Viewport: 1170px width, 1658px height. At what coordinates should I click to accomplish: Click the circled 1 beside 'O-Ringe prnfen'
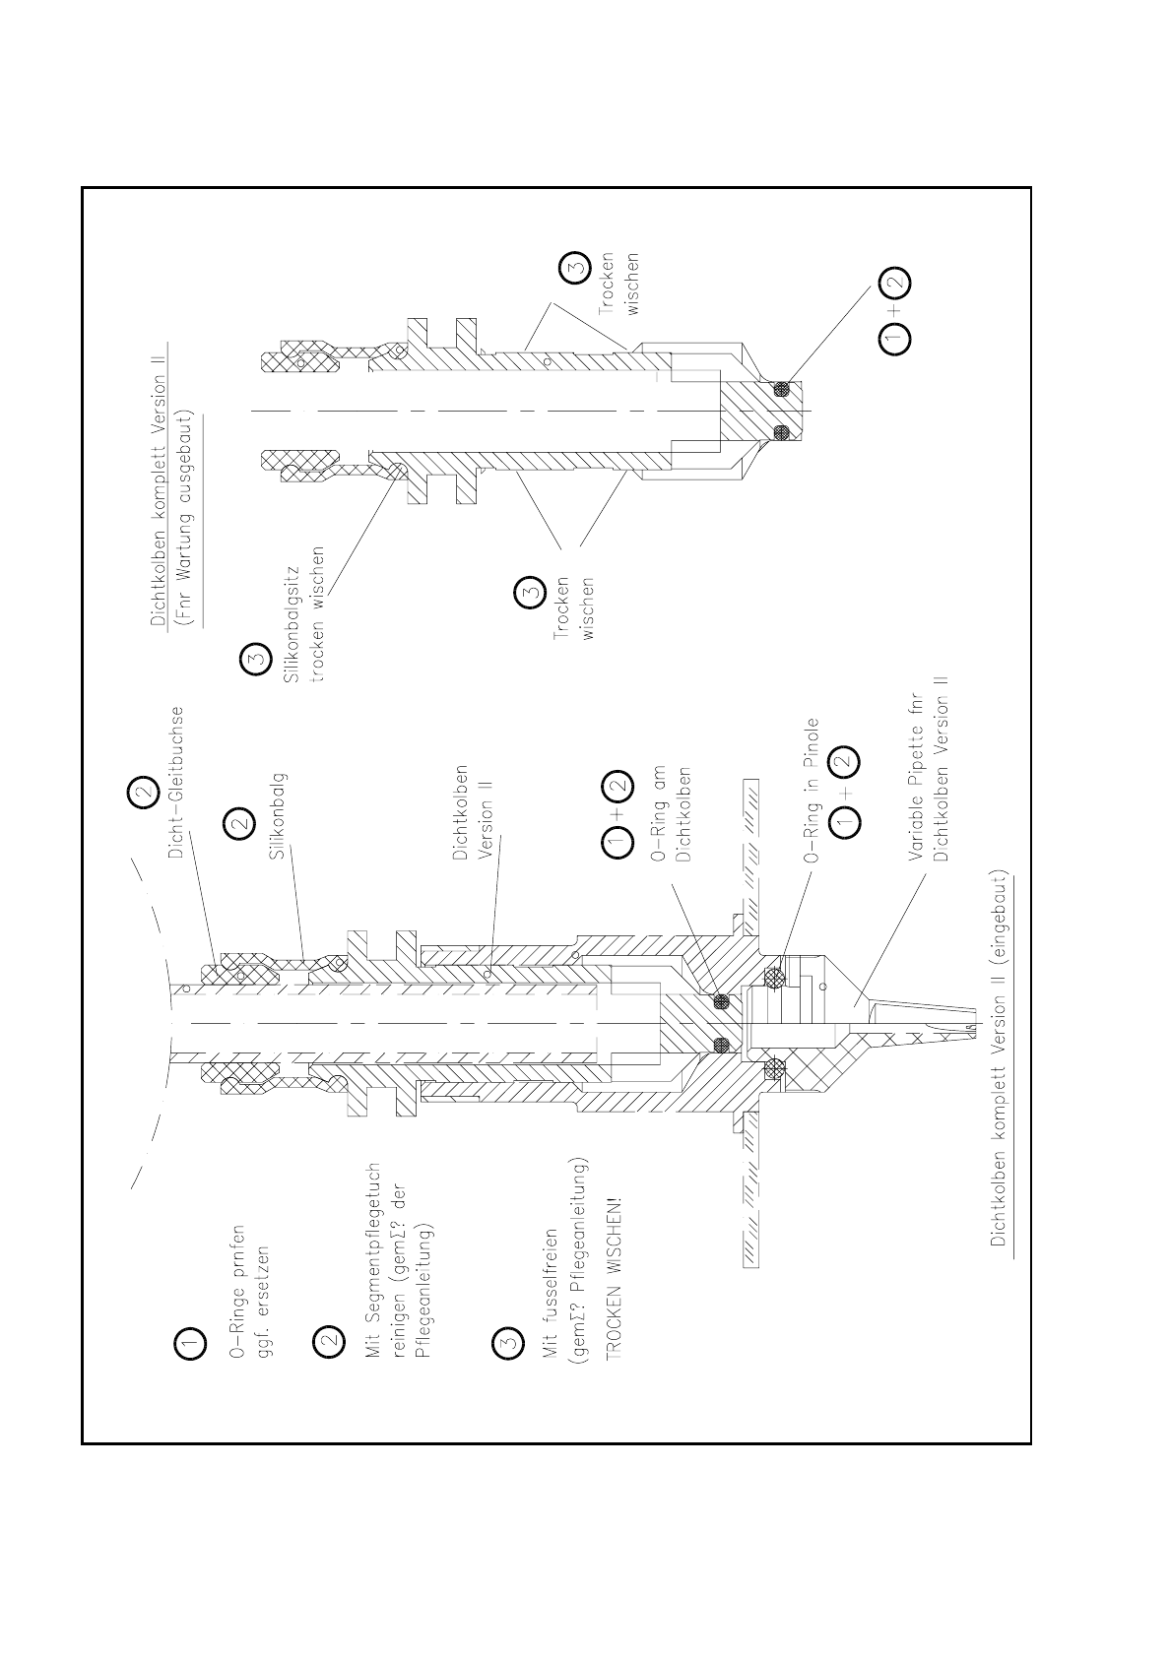(x=190, y=1342)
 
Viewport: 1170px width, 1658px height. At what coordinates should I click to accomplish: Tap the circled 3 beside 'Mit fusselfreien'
(x=506, y=1342)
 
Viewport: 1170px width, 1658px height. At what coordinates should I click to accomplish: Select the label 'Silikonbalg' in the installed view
(x=278, y=816)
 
